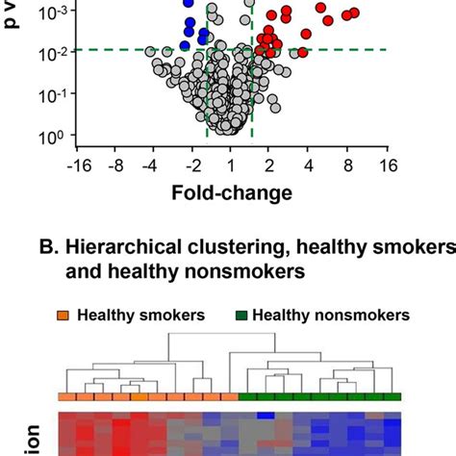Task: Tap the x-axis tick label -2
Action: pyautogui.click(x=190, y=165)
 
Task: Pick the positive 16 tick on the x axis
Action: pyautogui.click(x=387, y=165)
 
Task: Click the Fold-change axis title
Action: pyautogui.click(x=231, y=193)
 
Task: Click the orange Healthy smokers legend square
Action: pyautogui.click(x=64, y=315)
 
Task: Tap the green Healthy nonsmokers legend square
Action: pyautogui.click(x=243, y=315)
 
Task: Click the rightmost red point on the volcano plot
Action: pyautogui.click(x=354, y=13)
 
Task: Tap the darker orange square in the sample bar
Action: pyautogui.click(x=140, y=396)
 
